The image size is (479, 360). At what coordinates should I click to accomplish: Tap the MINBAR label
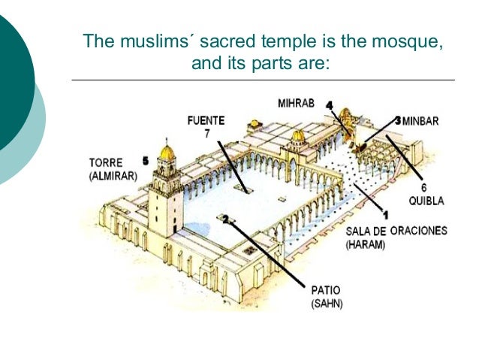coord(421,120)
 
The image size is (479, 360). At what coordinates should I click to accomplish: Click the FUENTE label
coord(206,119)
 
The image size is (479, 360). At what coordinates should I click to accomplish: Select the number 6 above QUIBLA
coord(423,187)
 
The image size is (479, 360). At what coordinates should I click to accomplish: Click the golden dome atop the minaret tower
coord(167,152)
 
